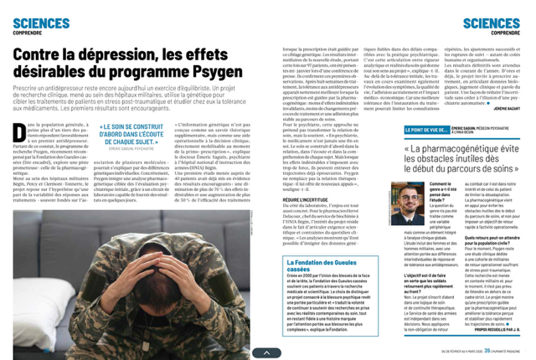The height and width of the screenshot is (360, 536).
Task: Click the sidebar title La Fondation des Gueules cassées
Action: click(x=311, y=244)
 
